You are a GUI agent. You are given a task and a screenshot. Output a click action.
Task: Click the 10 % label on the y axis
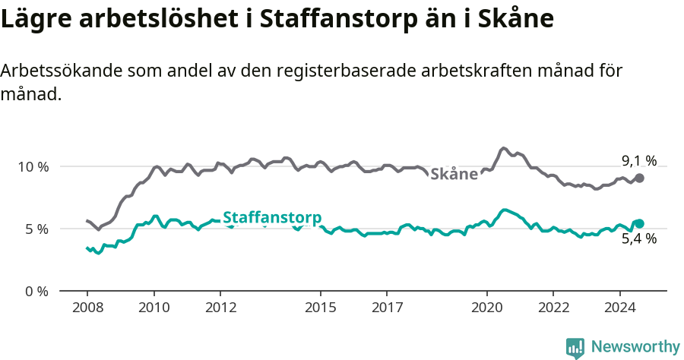[32, 166]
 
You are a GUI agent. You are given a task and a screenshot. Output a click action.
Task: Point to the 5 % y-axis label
[36, 229]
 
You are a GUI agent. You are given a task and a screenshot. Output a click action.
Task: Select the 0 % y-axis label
[36, 291]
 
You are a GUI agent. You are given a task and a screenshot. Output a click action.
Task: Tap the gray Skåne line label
[454, 175]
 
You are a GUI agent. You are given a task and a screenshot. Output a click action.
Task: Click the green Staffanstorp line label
[272, 216]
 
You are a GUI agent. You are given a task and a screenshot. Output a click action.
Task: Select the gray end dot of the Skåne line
[640, 178]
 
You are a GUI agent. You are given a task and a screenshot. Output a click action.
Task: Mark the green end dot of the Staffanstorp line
[640, 223]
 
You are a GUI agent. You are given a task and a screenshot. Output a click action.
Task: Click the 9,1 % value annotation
[638, 160]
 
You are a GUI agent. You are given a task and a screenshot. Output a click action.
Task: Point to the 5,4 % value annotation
[638, 238]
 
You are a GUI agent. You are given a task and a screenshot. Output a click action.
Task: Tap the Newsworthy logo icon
[575, 347]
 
